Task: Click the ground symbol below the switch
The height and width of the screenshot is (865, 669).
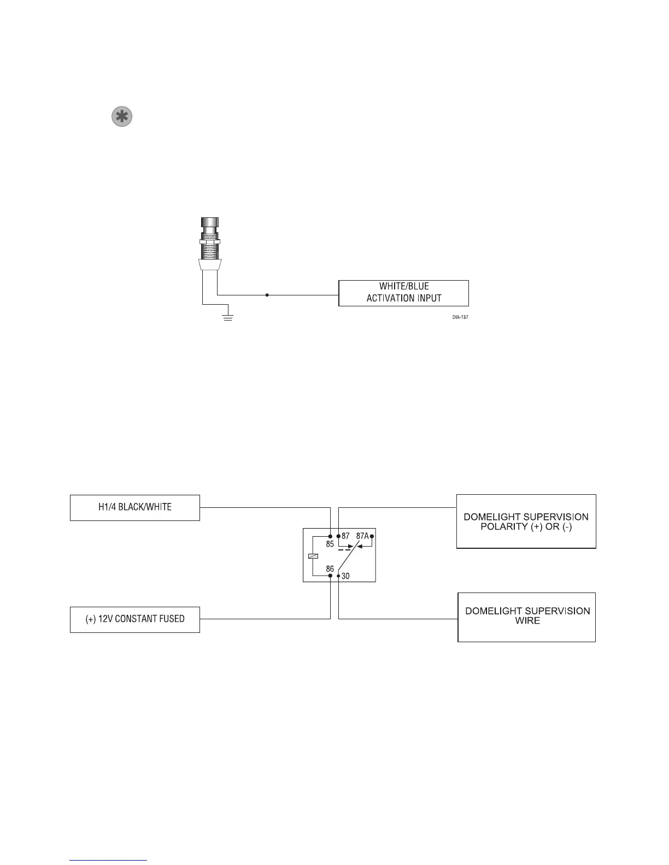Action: click(228, 317)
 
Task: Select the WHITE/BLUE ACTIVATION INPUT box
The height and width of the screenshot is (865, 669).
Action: click(403, 293)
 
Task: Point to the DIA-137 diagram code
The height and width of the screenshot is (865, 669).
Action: click(460, 316)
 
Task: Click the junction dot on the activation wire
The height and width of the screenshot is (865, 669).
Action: click(267, 295)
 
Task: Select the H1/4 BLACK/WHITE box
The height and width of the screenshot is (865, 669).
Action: click(135, 507)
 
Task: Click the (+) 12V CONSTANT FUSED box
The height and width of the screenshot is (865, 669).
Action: click(135, 619)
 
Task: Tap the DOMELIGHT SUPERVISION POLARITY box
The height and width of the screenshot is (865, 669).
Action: click(526, 522)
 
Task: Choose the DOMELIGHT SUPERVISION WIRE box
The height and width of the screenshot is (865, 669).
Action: click(526, 617)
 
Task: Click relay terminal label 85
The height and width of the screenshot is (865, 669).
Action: click(330, 544)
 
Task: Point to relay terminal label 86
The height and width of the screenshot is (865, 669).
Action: click(330, 569)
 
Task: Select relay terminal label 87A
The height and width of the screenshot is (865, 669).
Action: click(362, 536)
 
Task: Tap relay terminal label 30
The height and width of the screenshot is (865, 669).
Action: click(345, 576)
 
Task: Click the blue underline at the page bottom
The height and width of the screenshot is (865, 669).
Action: click(109, 860)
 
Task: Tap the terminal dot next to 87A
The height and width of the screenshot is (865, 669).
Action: click(372, 536)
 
